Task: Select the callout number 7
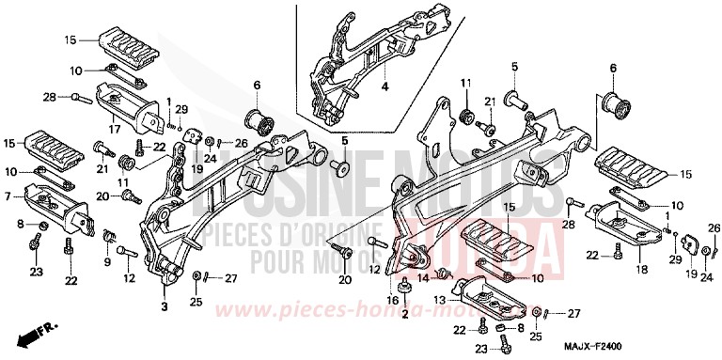(x=8, y=196)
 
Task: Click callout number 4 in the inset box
(x=384, y=87)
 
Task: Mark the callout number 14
(x=423, y=279)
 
